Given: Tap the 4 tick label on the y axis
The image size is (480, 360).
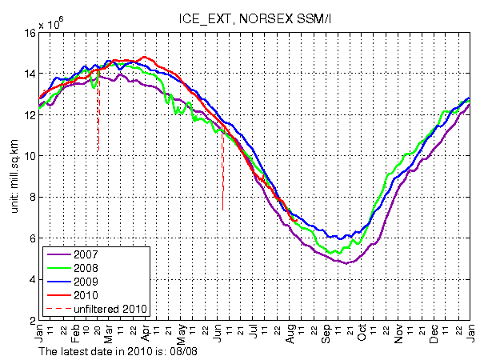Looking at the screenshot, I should click(30, 279).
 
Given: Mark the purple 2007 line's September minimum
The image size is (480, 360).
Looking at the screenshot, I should click(344, 263).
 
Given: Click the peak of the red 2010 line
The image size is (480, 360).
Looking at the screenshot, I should click(144, 57).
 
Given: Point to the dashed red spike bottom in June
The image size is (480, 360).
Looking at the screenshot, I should click(222, 210).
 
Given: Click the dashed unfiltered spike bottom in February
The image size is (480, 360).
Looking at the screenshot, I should click(98, 150).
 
